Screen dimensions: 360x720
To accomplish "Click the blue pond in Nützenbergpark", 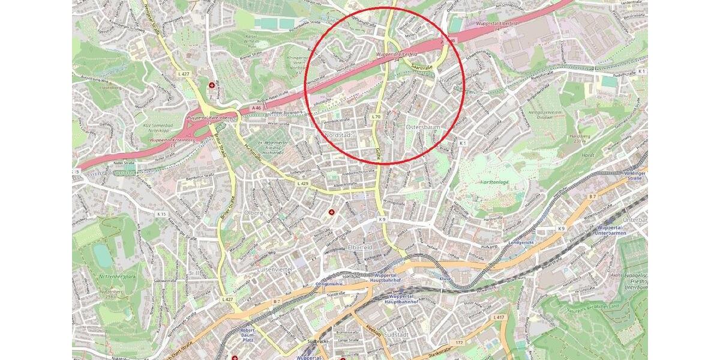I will coord(103,256).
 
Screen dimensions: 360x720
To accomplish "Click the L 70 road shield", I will coord(376,116).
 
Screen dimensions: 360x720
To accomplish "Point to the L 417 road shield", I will coord(498,317).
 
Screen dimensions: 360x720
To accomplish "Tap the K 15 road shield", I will coord(161,214).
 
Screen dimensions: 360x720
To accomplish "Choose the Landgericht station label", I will coord(521,243).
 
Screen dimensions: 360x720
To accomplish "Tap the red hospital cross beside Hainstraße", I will coord(212,86).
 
